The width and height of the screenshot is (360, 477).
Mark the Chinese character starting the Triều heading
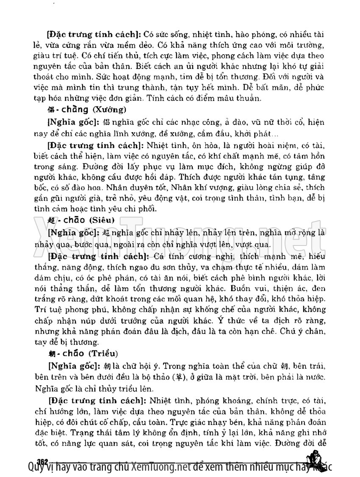pos(50,353)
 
